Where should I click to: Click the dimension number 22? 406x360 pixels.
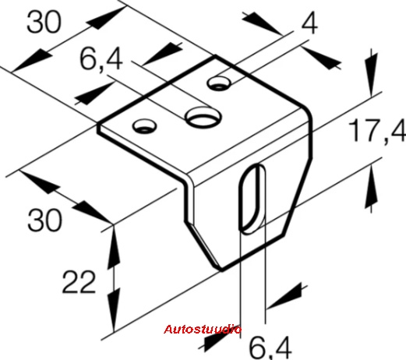(79, 282)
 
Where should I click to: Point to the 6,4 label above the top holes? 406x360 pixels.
(101, 60)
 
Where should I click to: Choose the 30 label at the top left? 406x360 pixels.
(44, 22)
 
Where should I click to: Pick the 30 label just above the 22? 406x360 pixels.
(44, 221)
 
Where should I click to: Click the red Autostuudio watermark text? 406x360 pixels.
(203, 329)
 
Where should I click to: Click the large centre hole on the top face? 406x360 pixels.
(203, 118)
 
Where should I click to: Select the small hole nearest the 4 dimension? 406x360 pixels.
(219, 83)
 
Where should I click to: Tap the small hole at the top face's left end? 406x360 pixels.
(144, 126)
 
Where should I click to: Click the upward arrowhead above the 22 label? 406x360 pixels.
(114, 247)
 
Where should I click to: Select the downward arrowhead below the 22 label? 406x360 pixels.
(114, 310)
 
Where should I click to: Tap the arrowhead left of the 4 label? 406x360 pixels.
(262, 23)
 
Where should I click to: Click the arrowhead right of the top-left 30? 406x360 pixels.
(106, 18)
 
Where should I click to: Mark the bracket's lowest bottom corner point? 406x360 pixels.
(221, 270)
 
